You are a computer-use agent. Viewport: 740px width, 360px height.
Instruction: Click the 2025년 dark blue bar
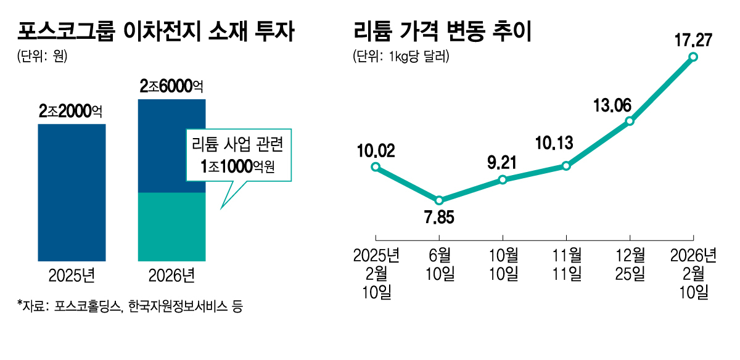tap(72, 192)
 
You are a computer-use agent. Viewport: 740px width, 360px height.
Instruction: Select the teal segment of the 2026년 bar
tap(171, 226)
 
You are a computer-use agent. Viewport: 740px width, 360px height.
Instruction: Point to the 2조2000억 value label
tap(70, 112)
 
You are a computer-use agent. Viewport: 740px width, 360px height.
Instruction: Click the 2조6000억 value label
tap(171, 87)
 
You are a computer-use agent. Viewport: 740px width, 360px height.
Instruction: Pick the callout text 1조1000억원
tap(237, 166)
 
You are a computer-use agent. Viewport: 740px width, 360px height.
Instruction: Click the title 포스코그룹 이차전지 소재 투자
tap(155, 31)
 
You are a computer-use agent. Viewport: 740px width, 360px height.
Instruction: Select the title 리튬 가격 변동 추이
tap(442, 31)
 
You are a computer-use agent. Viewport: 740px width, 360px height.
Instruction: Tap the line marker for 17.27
tap(693, 57)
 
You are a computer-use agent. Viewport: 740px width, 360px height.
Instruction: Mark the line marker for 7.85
tap(439, 200)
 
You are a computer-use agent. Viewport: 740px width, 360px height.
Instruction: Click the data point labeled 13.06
tap(630, 121)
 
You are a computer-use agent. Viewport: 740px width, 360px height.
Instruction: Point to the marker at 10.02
tap(376, 167)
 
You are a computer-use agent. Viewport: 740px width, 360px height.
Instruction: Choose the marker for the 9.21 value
tap(503, 179)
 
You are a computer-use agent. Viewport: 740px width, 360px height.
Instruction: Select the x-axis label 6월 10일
tap(439, 264)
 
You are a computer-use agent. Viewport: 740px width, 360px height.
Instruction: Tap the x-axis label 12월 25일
tap(630, 264)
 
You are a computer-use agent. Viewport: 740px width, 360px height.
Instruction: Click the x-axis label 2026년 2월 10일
tap(693, 274)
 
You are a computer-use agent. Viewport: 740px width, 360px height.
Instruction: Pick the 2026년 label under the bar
tap(171, 276)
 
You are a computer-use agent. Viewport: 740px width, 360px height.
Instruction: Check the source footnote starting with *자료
tap(130, 306)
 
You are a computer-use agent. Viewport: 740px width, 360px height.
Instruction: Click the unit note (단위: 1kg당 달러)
tap(401, 57)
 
